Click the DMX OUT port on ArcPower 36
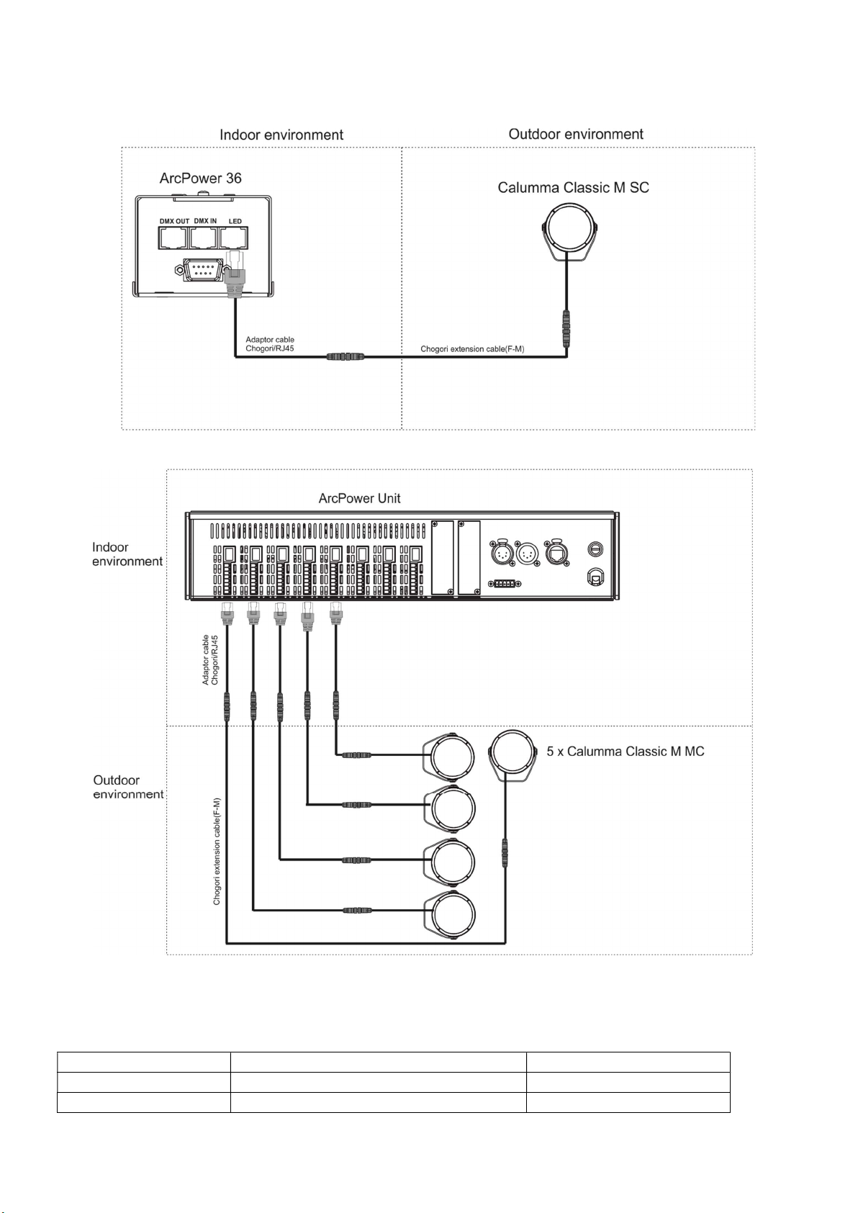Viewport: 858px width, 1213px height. [x=173, y=237]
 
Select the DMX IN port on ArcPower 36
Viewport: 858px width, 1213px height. [x=204, y=237]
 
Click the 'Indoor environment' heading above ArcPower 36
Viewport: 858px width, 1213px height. [x=281, y=135]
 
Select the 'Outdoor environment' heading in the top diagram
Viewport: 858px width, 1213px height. [x=575, y=135]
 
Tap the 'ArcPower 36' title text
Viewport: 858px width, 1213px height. [x=200, y=178]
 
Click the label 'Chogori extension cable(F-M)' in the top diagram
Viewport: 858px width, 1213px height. [x=472, y=349]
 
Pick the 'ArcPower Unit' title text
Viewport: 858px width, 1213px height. [x=359, y=498]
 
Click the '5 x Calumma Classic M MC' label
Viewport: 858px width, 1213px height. [x=626, y=752]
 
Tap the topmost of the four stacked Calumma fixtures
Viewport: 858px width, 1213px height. [x=449, y=756]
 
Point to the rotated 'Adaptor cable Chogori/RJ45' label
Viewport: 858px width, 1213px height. [x=210, y=660]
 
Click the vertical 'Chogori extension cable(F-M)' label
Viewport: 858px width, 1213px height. [x=217, y=852]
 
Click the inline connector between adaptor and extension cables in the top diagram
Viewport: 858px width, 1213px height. [x=346, y=356]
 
